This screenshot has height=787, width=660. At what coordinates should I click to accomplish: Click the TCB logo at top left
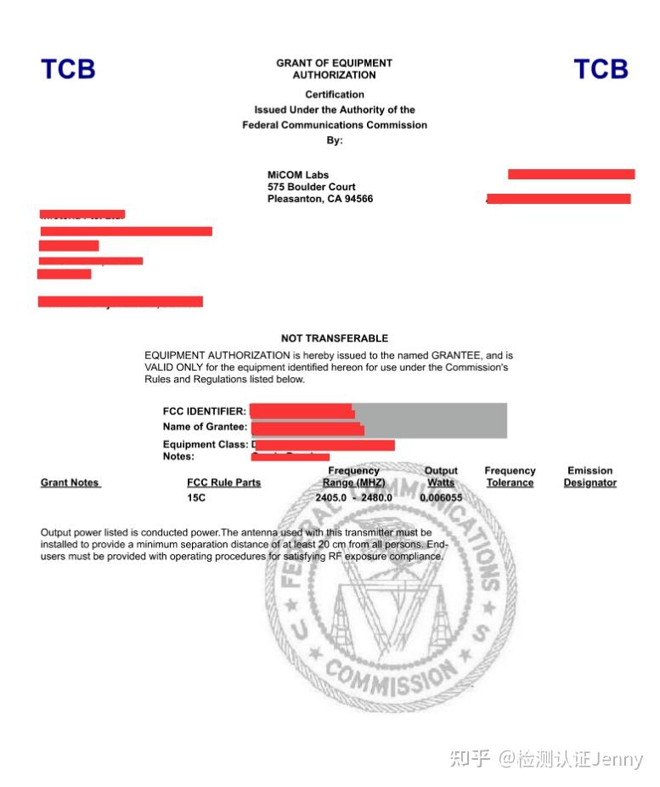[68, 69]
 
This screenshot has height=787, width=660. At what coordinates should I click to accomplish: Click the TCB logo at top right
[601, 69]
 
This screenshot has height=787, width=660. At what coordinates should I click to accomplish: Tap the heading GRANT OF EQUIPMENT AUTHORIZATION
[334, 69]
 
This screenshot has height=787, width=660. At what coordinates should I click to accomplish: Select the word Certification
[335, 94]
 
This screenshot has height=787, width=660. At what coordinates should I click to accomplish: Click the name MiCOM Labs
[298, 175]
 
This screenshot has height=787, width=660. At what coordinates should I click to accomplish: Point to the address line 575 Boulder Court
[312, 187]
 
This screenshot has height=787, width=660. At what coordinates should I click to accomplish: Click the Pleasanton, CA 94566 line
[320, 199]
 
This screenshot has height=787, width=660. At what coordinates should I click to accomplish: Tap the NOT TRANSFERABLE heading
[335, 338]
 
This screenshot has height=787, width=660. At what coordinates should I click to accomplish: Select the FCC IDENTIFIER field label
[205, 411]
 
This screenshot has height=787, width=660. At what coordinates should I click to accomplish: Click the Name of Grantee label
[206, 427]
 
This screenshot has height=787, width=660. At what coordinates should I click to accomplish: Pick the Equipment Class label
[206, 444]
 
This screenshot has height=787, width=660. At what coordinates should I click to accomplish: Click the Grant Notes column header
[71, 483]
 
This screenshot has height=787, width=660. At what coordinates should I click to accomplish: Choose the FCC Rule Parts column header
[224, 483]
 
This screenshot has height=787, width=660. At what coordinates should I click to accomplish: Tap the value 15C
[197, 497]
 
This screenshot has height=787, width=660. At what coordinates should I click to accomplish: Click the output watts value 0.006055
[441, 497]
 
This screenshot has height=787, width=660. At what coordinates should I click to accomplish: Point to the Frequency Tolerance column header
[510, 477]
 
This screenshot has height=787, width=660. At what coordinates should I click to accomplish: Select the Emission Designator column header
[589, 477]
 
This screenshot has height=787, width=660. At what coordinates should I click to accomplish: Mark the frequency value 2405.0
[331, 497]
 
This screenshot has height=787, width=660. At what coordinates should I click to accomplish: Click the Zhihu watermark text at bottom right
[546, 758]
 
